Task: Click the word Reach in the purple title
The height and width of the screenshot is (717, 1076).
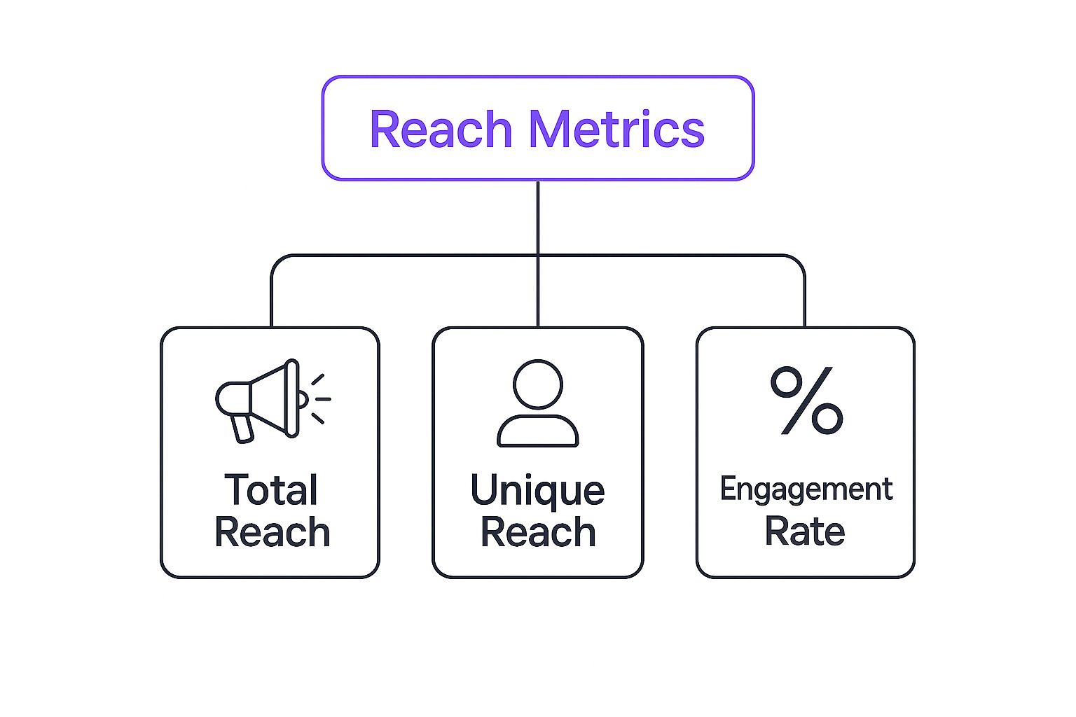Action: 441,130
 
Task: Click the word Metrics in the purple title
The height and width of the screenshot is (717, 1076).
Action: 616,130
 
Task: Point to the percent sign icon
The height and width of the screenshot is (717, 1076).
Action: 806,401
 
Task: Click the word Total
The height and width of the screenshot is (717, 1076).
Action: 271,489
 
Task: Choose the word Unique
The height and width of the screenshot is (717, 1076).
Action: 537,491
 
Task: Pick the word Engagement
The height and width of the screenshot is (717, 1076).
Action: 806,489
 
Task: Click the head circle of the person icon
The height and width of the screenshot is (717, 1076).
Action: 537,384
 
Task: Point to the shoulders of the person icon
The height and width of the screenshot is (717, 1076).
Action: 537,431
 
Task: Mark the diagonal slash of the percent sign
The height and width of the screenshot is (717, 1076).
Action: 806,401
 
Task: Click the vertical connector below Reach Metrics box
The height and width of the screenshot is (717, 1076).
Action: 537,217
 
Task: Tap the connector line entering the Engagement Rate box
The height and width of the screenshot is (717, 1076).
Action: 804,308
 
